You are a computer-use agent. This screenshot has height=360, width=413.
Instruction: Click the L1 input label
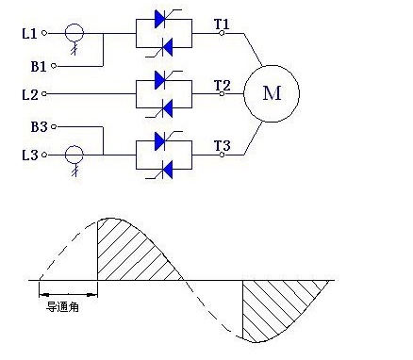29,33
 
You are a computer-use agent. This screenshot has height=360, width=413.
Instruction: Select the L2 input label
30,94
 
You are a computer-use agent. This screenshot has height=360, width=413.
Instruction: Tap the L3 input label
30,155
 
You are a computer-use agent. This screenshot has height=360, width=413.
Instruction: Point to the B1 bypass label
39,66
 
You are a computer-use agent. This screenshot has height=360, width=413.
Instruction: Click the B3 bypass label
39,127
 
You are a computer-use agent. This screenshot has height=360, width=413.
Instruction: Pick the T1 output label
222,24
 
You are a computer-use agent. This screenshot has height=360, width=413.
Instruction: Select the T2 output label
223,85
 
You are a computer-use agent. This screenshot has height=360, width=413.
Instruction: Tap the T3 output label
223,146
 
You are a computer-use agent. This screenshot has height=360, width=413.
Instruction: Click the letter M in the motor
272,93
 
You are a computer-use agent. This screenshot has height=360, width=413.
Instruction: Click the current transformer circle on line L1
74,25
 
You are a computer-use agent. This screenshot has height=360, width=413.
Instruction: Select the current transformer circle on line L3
74,146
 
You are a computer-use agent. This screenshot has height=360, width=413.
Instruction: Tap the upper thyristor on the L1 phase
164,19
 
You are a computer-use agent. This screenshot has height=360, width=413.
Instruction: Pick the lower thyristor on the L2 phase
164,108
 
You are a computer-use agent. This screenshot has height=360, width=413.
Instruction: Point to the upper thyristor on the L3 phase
164,140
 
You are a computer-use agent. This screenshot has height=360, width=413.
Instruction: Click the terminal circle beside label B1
54,66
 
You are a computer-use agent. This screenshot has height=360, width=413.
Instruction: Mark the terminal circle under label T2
222,93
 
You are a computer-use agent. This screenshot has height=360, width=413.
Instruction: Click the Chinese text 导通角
62,307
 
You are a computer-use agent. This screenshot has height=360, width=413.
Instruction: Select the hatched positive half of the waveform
132,252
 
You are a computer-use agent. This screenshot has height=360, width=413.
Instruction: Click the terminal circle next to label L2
44,93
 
